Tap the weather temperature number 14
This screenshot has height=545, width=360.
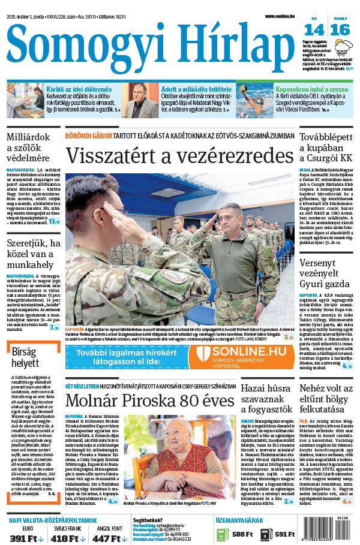tap(313, 29)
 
